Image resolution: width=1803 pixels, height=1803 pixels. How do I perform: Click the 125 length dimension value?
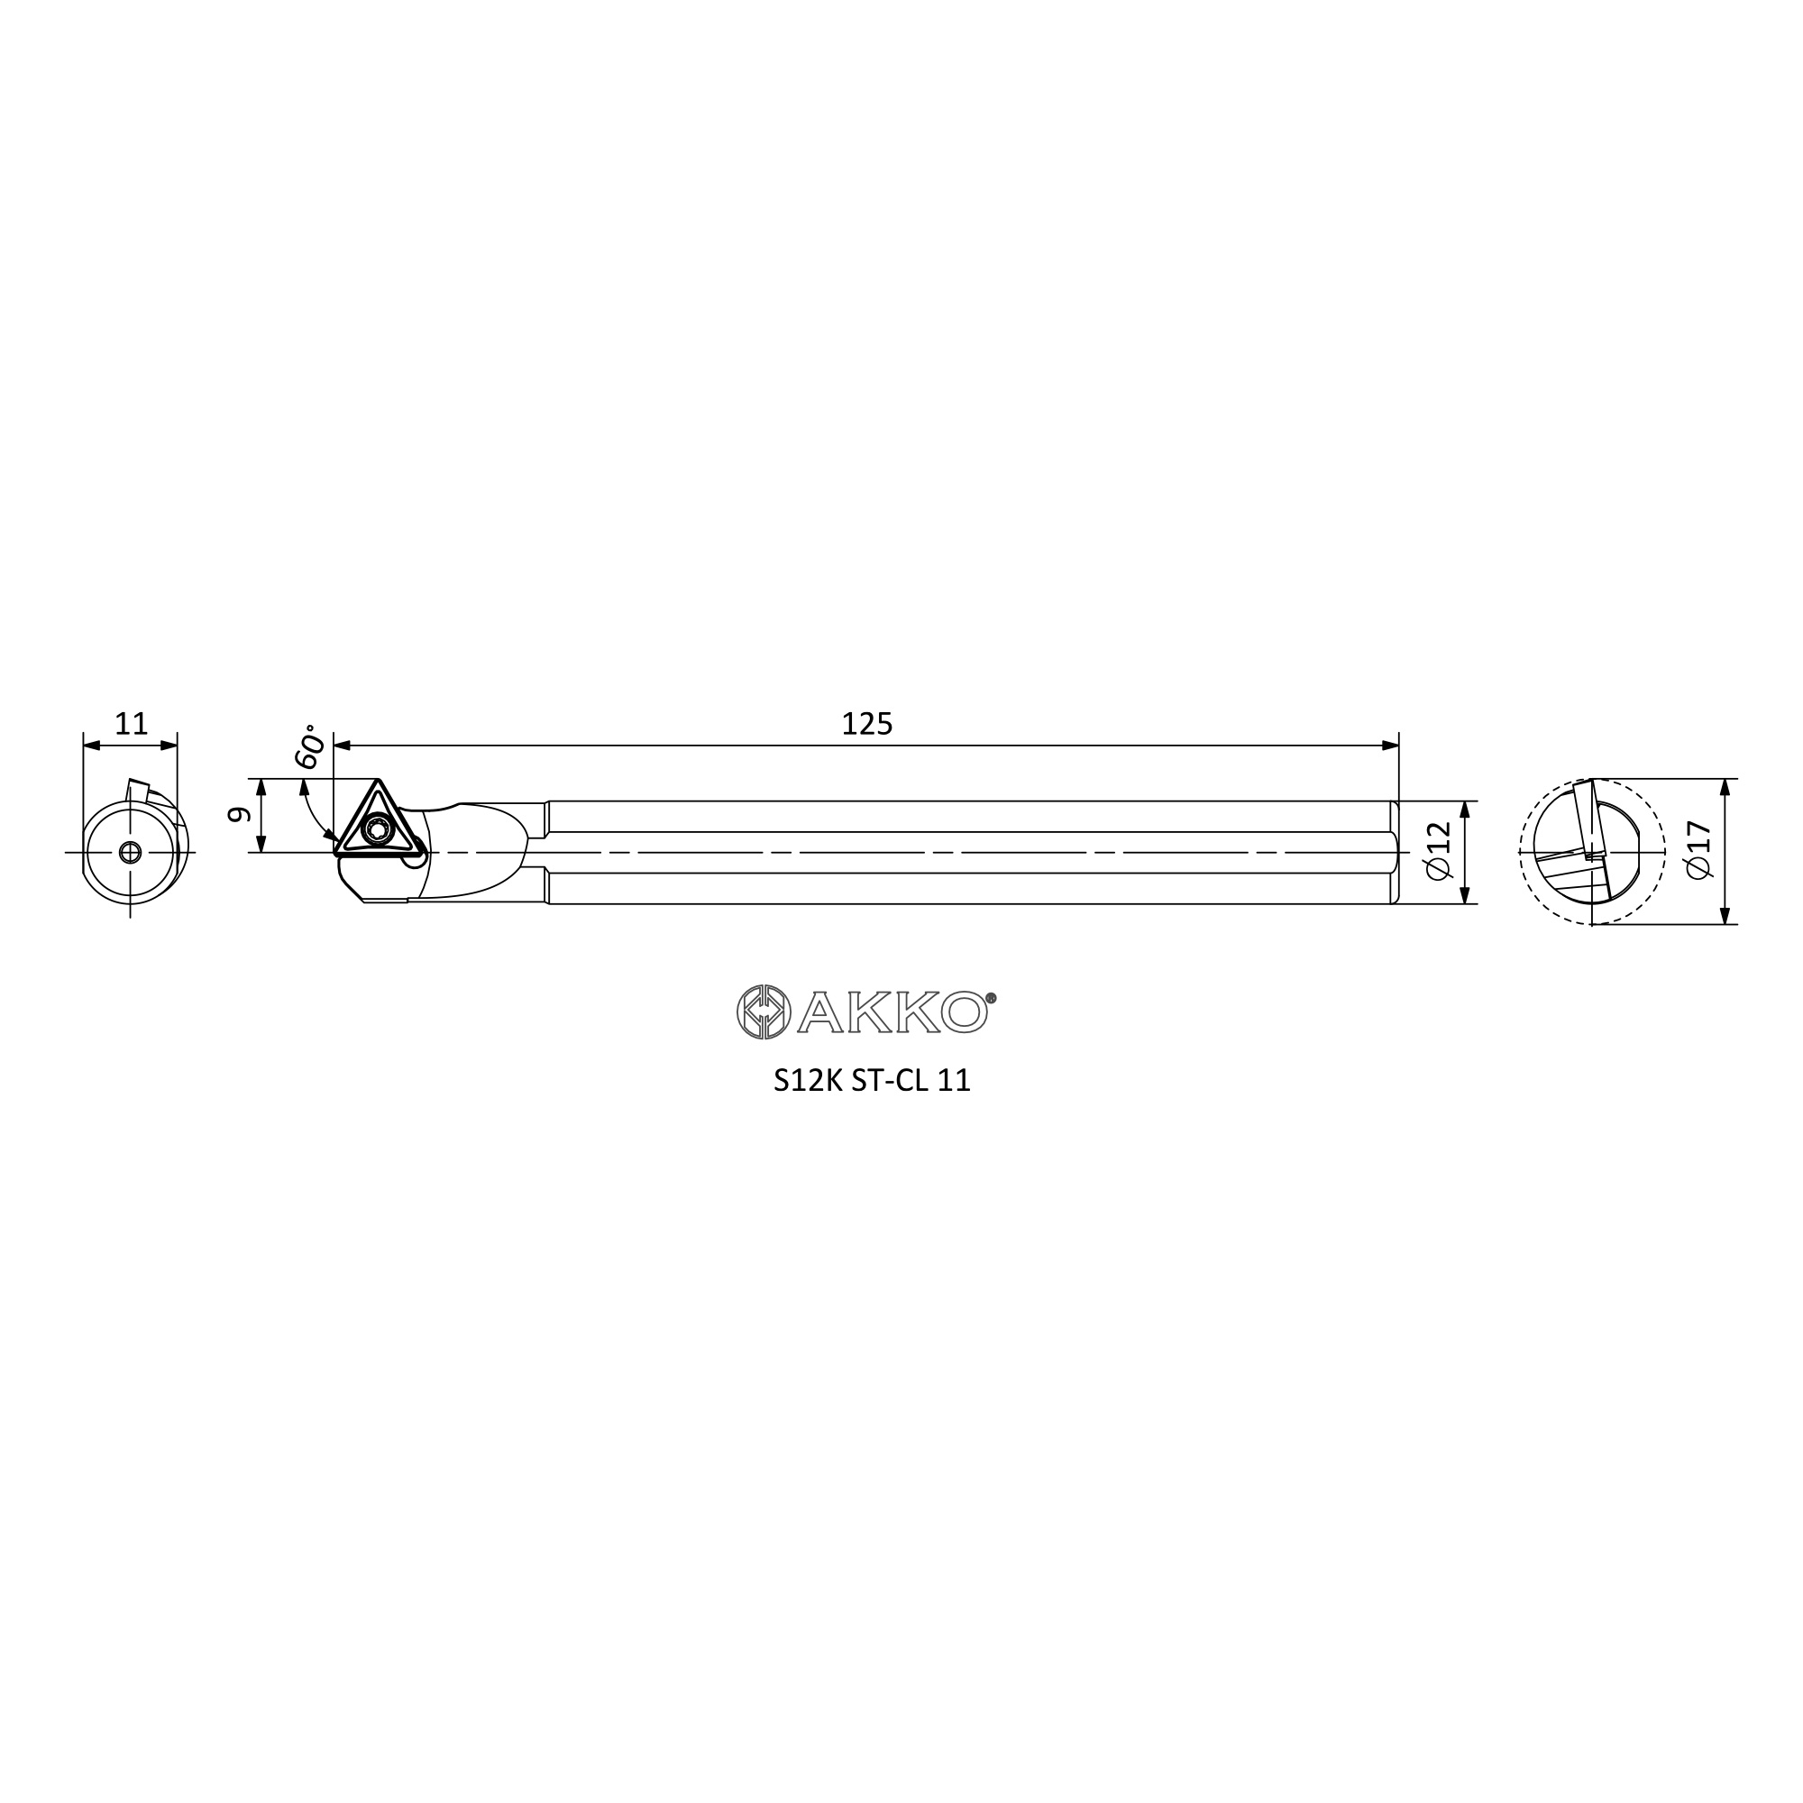pos(867,724)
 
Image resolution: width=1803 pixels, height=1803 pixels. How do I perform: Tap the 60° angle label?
pos(311,746)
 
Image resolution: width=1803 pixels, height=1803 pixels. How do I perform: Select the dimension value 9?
pos(240,814)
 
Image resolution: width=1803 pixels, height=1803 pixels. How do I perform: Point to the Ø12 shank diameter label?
pos(1440,850)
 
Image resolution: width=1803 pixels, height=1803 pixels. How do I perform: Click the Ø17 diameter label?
pos(1699,849)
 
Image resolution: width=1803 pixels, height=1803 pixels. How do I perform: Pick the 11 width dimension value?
pos(131,724)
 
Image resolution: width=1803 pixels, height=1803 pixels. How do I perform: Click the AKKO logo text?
pos(892,1011)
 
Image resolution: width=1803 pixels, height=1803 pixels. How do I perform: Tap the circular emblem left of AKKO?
pos(764,1011)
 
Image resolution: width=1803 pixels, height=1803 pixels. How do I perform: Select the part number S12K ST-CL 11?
pos(872,1081)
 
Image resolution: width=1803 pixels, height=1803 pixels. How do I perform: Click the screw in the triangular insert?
pos(378,828)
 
